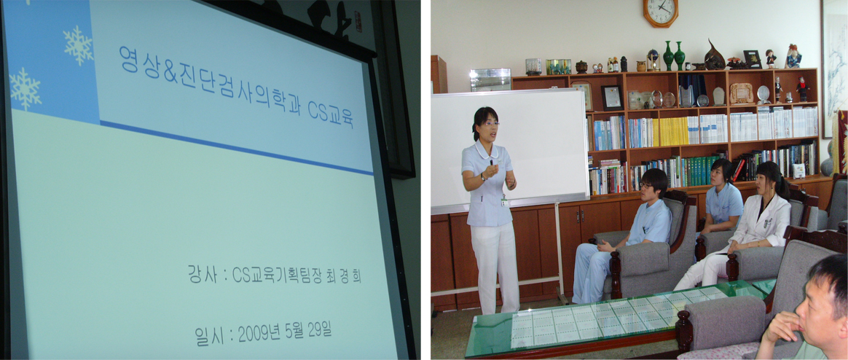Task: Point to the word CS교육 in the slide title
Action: (x=331, y=113)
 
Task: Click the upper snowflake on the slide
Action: (x=79, y=45)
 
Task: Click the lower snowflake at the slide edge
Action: (x=25, y=88)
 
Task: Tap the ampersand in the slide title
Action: (x=170, y=73)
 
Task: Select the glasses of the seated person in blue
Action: (x=645, y=186)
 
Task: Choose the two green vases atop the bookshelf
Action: (x=674, y=55)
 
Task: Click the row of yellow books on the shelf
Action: (x=673, y=132)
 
